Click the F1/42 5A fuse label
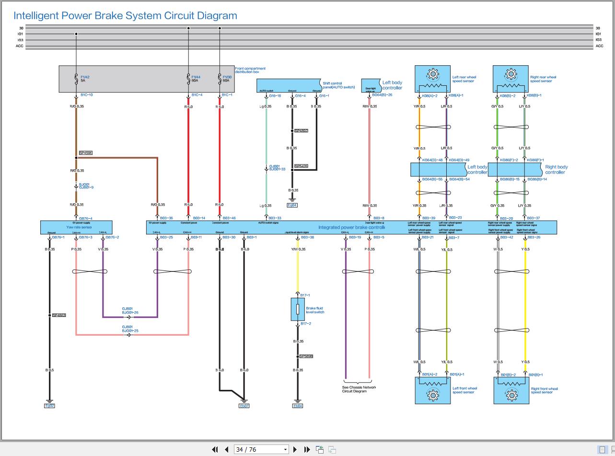point(85,79)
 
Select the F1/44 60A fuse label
point(196,79)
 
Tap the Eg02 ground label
point(49,406)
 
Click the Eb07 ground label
point(244,406)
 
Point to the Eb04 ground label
point(298,406)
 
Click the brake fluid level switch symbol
point(298,309)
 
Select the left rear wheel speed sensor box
point(432,79)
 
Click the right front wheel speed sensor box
point(511,390)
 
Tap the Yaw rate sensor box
point(76,227)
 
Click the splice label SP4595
point(85,153)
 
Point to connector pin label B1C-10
point(86,95)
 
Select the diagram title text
point(125,15)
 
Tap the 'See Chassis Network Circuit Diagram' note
point(359,389)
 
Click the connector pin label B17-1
point(305,295)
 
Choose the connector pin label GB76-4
point(85,218)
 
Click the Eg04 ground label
point(292,205)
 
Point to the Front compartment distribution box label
point(250,70)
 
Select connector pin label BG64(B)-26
point(382,95)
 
